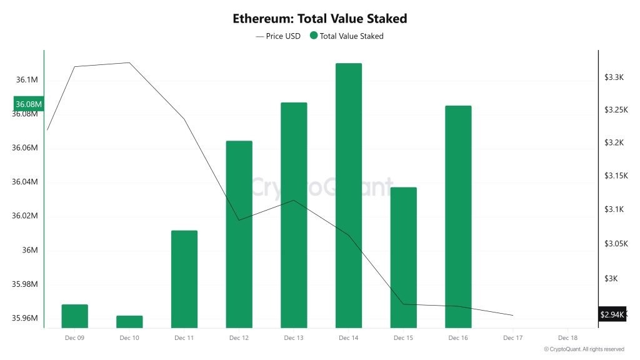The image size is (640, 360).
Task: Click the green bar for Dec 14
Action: click(349, 195)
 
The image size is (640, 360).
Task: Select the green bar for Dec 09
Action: click(74, 316)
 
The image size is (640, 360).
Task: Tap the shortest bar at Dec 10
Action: click(129, 322)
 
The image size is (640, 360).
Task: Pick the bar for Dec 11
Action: click(184, 279)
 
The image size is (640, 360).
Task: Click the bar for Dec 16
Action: click(458, 216)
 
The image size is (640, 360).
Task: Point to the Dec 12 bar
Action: click(239, 234)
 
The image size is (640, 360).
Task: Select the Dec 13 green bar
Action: click(294, 215)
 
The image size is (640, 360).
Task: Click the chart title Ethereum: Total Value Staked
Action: click(320, 18)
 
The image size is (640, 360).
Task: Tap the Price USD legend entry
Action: click(278, 36)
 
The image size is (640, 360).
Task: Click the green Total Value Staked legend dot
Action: click(314, 36)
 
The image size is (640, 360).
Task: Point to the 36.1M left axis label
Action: click(27, 80)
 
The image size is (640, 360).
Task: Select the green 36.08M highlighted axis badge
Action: click(29, 104)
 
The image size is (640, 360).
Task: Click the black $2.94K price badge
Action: click(612, 314)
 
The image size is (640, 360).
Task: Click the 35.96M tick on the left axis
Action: click(26, 318)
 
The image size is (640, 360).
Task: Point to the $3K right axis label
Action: click(610, 278)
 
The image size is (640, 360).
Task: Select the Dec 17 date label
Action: click(513, 338)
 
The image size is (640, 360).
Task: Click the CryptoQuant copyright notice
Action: click(584, 349)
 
